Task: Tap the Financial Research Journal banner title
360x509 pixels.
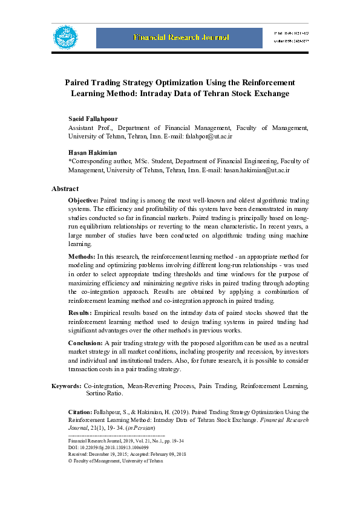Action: [182, 38]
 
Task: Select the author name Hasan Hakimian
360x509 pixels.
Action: [92, 152]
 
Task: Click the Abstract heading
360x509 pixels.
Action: [65, 189]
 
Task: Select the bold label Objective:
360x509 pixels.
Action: [83, 200]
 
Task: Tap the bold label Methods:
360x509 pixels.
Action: [81, 258]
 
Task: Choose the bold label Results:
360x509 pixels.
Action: [80, 313]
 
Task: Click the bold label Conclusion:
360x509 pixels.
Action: [85, 343]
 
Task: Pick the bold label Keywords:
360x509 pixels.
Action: [66, 386]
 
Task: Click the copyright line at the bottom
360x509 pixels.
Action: [116, 461]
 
